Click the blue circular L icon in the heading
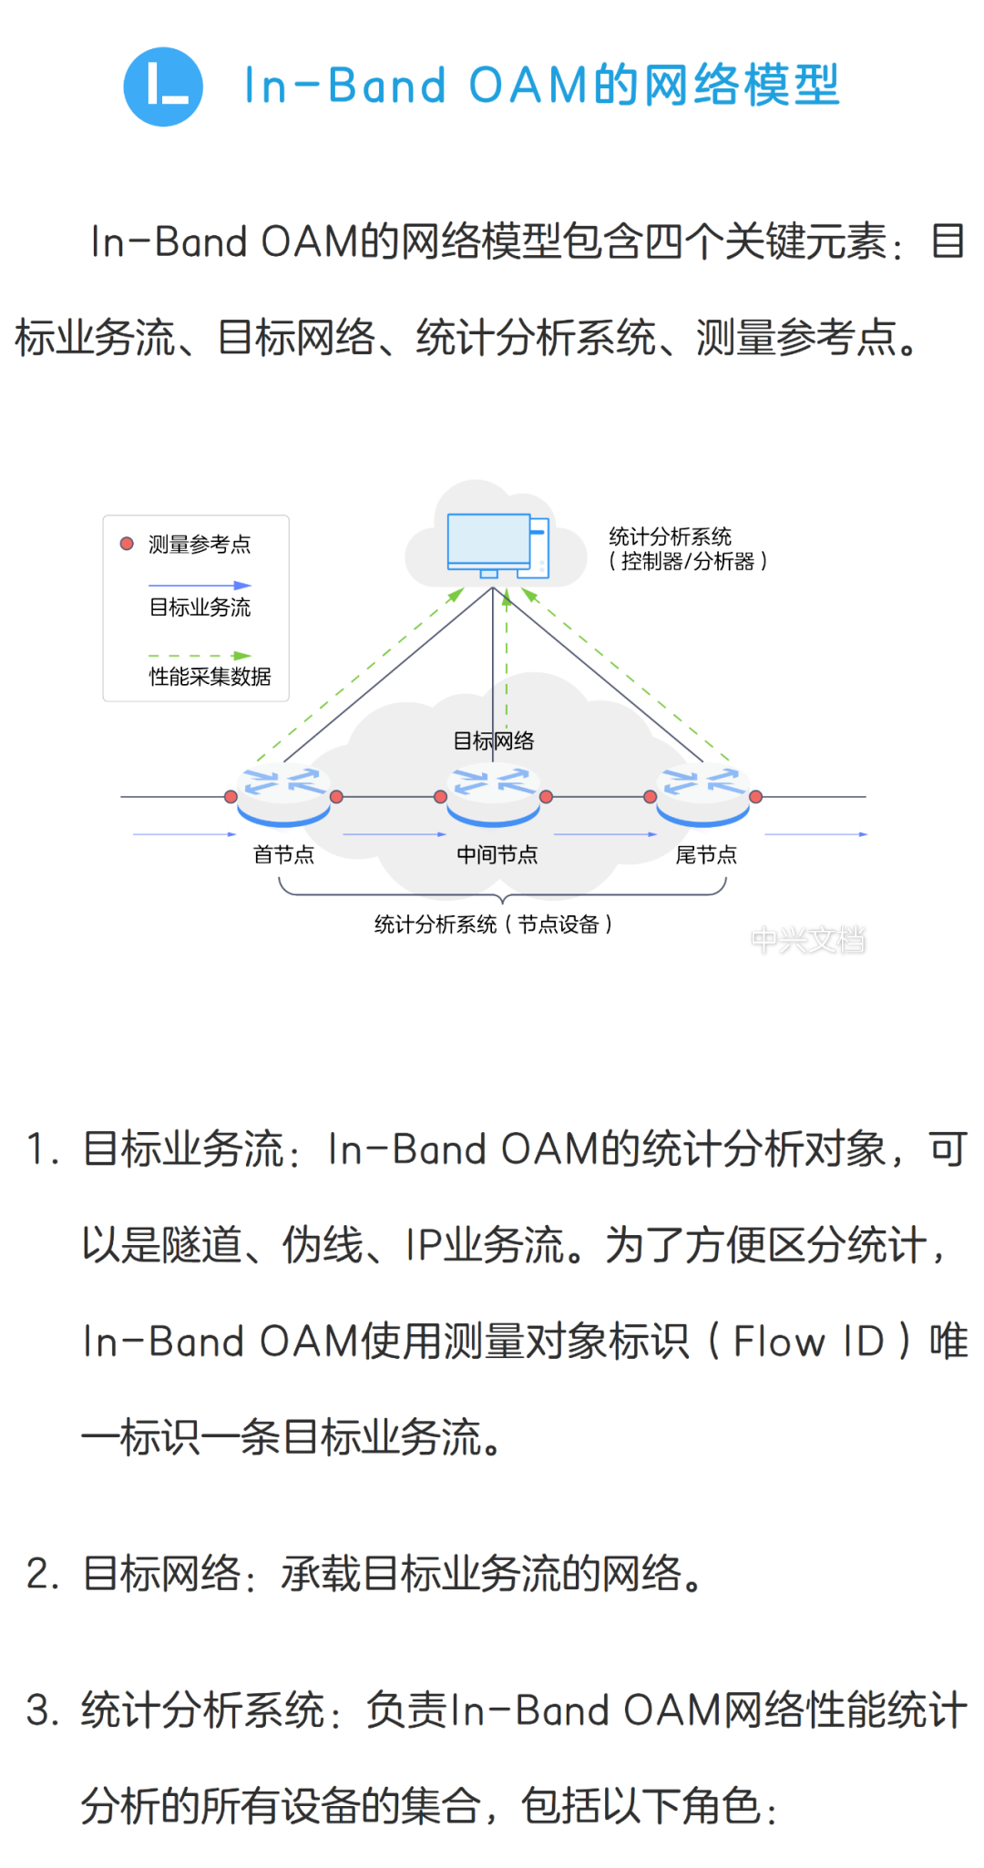[163, 87]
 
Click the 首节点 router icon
[283, 795]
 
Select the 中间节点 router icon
[493, 795]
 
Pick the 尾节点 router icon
[702, 795]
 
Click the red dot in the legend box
[128, 544]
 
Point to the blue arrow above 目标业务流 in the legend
[200, 586]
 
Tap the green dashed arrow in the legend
[200, 656]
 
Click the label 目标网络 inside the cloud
[493, 740]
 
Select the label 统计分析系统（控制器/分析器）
[687, 549]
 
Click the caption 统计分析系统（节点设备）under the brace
[493, 924]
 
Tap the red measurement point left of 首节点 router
[231, 797]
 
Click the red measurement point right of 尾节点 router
[755, 797]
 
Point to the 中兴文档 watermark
[808, 939]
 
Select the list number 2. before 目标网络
[42, 1574]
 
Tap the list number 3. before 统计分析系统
[42, 1710]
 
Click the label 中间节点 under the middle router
[497, 854]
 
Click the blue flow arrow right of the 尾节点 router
[815, 834]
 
